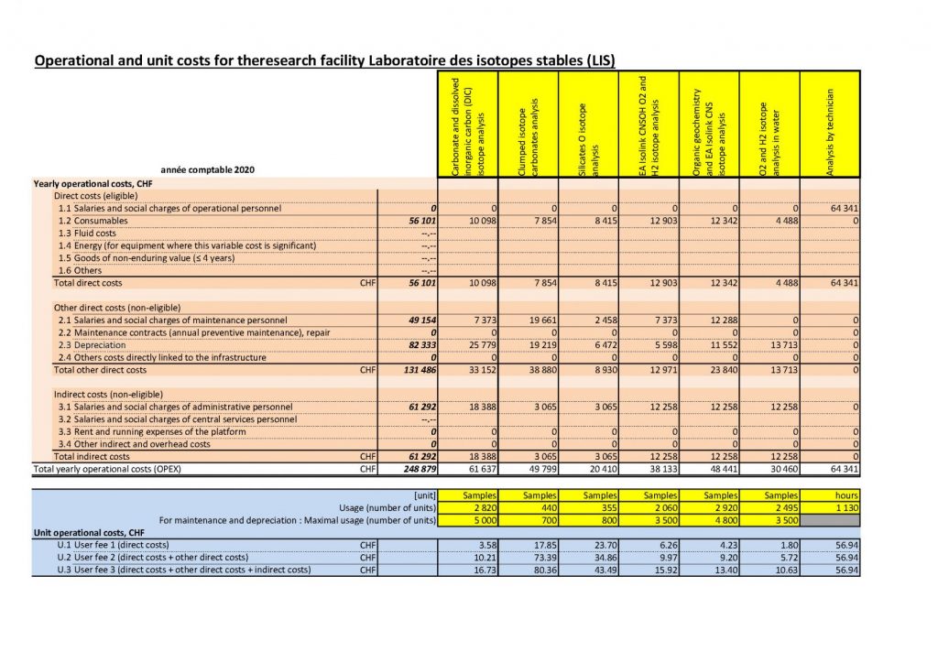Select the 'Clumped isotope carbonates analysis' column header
coord(528,124)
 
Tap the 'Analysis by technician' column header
coord(830,124)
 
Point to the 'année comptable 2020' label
coord(207,169)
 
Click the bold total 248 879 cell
coord(414,469)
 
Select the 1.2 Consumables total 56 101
coord(414,222)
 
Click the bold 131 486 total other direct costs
coord(414,370)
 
